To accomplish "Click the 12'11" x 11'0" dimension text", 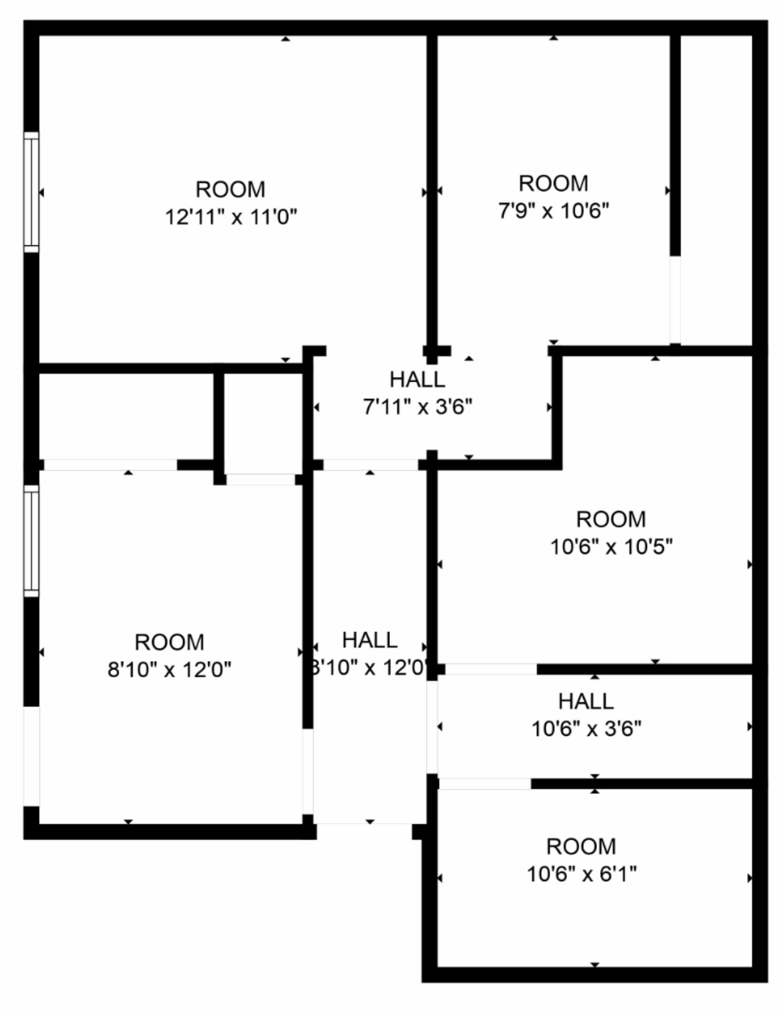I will (231, 217).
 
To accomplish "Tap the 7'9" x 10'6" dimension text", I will (553, 211).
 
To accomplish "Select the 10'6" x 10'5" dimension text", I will (611, 547).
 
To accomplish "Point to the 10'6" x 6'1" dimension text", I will (581, 874).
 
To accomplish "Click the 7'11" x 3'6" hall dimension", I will (417, 407).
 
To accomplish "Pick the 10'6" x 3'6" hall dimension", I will (586, 729).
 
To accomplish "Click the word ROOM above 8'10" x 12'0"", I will (169, 642).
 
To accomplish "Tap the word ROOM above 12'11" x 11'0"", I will (230, 189).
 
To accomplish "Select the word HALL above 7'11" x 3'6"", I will (417, 379).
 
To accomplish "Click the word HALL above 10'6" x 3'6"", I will (585, 701).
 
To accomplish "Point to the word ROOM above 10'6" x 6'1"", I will (581, 846).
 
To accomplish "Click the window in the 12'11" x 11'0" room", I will (31, 191).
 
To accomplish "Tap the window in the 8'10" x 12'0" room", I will (31, 541).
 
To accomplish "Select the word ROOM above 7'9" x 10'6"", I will (553, 183).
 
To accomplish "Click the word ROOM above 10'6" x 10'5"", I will (611, 519).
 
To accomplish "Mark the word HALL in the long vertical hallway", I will (370, 640).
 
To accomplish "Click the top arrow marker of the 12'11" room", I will (286, 39).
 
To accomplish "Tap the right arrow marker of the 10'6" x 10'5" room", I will (749, 564).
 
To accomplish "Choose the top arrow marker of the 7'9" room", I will (554, 38).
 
